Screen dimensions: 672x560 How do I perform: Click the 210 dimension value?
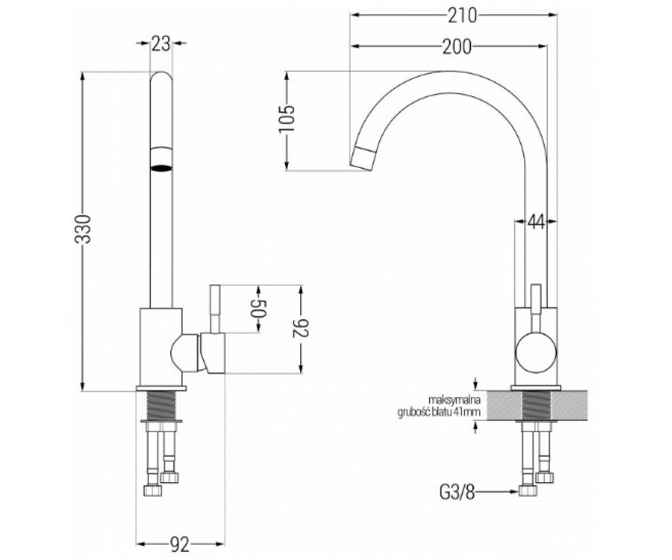tap(463, 16)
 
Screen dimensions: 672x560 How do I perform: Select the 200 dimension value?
tap(457, 46)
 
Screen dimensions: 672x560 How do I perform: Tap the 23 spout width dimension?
tap(161, 44)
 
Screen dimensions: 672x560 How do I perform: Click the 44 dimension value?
tap(536, 221)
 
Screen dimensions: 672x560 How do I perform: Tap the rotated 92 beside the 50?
tap(301, 328)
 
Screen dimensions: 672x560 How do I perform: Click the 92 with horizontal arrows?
tap(180, 535)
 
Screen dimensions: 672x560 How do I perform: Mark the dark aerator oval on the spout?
tap(161, 168)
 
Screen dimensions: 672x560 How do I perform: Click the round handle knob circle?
tap(536, 352)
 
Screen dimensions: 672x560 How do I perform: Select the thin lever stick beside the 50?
tap(215, 309)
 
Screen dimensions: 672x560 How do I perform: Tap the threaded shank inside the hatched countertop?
tap(536, 405)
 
